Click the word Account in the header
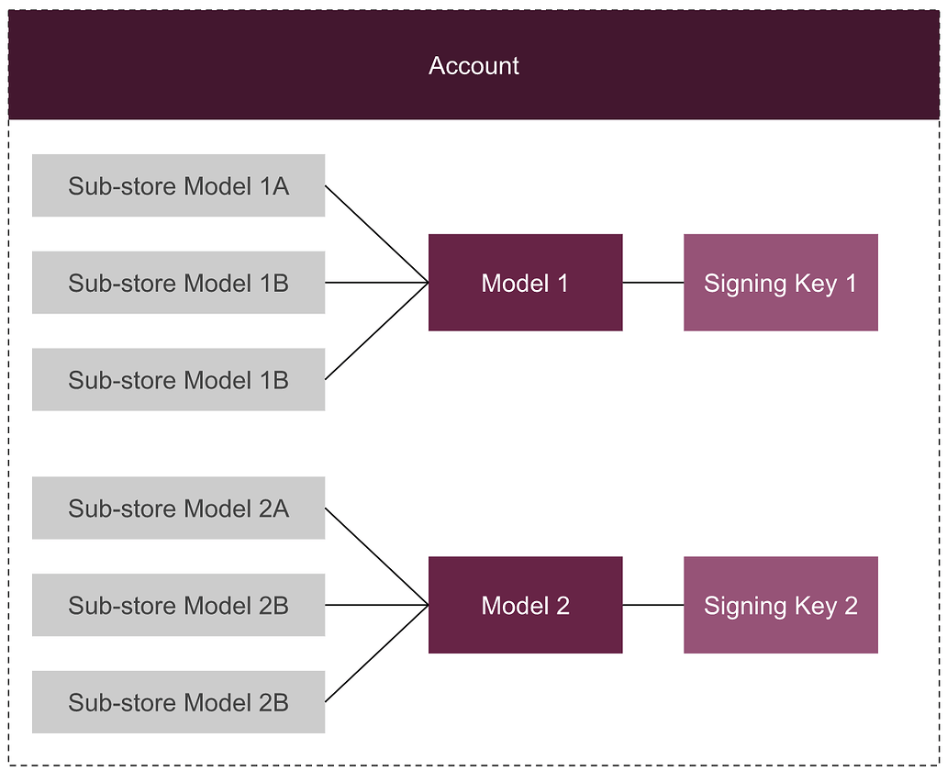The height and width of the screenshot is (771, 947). pos(473,66)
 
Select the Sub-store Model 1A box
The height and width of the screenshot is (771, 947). pos(178,186)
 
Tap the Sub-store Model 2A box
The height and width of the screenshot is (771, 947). pos(178,508)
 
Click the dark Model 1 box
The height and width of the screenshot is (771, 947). pos(525,283)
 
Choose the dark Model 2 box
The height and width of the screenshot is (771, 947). pos(525,606)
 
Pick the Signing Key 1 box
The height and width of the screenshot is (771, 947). pos(780,283)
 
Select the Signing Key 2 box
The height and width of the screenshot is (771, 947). pos(780,606)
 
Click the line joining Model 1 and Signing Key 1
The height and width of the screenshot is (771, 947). pos(653,283)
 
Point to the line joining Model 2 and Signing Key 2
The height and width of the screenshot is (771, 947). pos(653,606)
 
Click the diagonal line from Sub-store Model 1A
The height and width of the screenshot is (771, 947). pos(376,234)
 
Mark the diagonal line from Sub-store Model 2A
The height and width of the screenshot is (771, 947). pos(376,556)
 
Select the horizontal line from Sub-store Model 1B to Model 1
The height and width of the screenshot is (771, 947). pos(376,283)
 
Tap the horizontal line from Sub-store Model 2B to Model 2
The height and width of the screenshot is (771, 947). pos(376,606)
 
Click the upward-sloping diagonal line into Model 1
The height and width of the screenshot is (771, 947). pos(376,331)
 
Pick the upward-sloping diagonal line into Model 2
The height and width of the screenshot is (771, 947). pos(376,654)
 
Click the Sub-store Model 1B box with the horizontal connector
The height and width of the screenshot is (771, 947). pos(178,283)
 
